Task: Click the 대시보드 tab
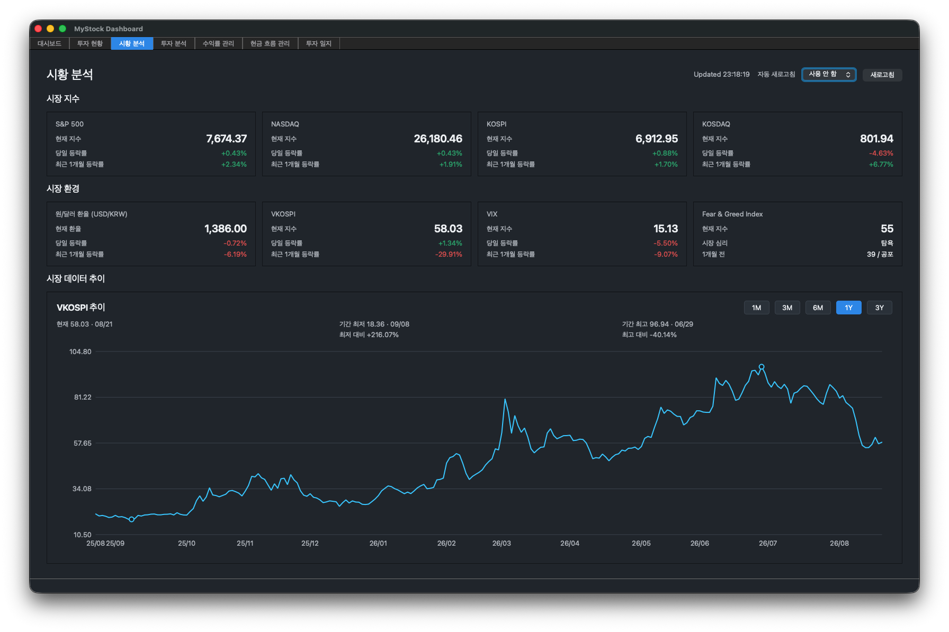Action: [x=49, y=43]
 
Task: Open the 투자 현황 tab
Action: [x=90, y=43]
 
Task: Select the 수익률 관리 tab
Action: [x=218, y=43]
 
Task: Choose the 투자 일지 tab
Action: [x=319, y=43]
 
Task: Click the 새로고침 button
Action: [x=882, y=75]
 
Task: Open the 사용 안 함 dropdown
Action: [x=829, y=75]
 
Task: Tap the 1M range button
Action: [x=756, y=308]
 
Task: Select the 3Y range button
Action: [x=879, y=308]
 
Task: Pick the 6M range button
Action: [x=818, y=308]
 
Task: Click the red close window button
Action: [x=38, y=29]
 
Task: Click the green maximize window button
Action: [x=62, y=29]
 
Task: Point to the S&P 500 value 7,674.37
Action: [x=226, y=139]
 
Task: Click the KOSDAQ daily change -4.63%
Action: [x=881, y=153]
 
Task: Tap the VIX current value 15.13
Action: [x=665, y=229]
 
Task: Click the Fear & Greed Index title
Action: [x=732, y=214]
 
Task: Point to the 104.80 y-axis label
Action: [x=80, y=351]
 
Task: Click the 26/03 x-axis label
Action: [x=502, y=543]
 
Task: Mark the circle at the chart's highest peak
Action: [x=762, y=366]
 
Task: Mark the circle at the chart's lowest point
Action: [x=132, y=519]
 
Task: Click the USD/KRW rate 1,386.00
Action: [x=226, y=229]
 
